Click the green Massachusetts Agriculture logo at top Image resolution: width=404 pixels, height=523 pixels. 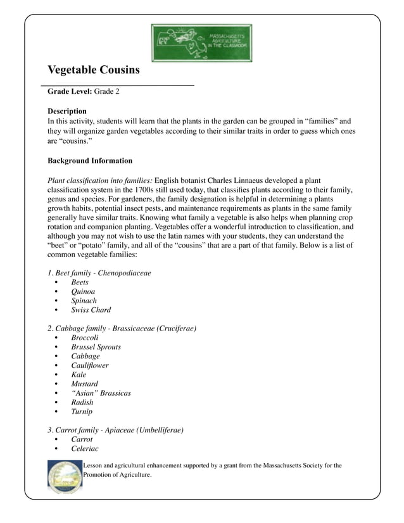(x=201, y=43)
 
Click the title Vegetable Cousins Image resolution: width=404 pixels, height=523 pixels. (x=93, y=70)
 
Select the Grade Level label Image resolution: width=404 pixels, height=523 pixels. (x=70, y=92)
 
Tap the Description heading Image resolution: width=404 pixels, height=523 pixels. (x=67, y=111)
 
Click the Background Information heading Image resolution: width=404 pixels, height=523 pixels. (x=90, y=161)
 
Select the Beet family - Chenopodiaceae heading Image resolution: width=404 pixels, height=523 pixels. (x=99, y=273)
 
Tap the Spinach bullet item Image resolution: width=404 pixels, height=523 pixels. (x=84, y=301)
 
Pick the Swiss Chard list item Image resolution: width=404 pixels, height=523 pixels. (x=91, y=310)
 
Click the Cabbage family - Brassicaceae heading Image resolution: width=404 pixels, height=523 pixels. (x=122, y=329)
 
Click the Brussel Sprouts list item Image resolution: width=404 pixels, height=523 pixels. (x=96, y=347)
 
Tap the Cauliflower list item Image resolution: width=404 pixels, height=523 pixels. (x=89, y=365)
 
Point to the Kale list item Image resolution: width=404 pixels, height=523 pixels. (x=79, y=375)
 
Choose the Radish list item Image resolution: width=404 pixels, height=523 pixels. (x=82, y=402)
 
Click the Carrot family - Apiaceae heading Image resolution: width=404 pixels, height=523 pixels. (x=115, y=430)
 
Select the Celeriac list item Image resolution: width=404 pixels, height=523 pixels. (x=84, y=448)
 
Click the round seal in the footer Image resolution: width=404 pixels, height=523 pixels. (x=65, y=477)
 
